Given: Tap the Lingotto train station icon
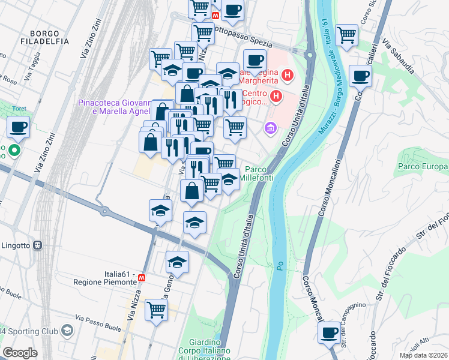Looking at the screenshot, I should click(37, 245).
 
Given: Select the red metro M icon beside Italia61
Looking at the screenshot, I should click(142, 278).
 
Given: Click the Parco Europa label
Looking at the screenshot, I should click(423, 165).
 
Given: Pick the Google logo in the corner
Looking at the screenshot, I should click(20, 353).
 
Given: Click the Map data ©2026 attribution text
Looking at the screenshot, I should click(424, 355).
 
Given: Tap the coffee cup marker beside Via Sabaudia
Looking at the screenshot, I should click(360, 76).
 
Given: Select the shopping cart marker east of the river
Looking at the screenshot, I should click(346, 35).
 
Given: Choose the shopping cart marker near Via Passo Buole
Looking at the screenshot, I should click(156, 310).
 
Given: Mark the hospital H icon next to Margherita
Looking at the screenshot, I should click(288, 76).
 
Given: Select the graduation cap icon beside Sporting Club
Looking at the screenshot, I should click(67, 331).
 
